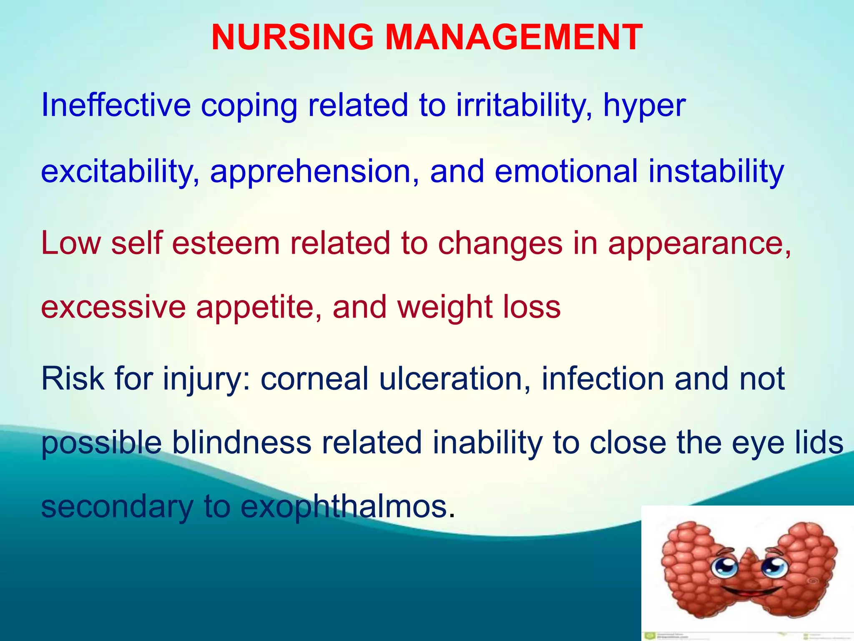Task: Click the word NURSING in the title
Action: (x=292, y=38)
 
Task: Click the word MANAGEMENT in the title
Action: (x=513, y=38)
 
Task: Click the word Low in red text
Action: (x=71, y=243)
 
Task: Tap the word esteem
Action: (x=226, y=243)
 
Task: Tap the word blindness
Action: (x=241, y=442)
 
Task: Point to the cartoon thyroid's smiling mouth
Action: (x=751, y=592)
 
